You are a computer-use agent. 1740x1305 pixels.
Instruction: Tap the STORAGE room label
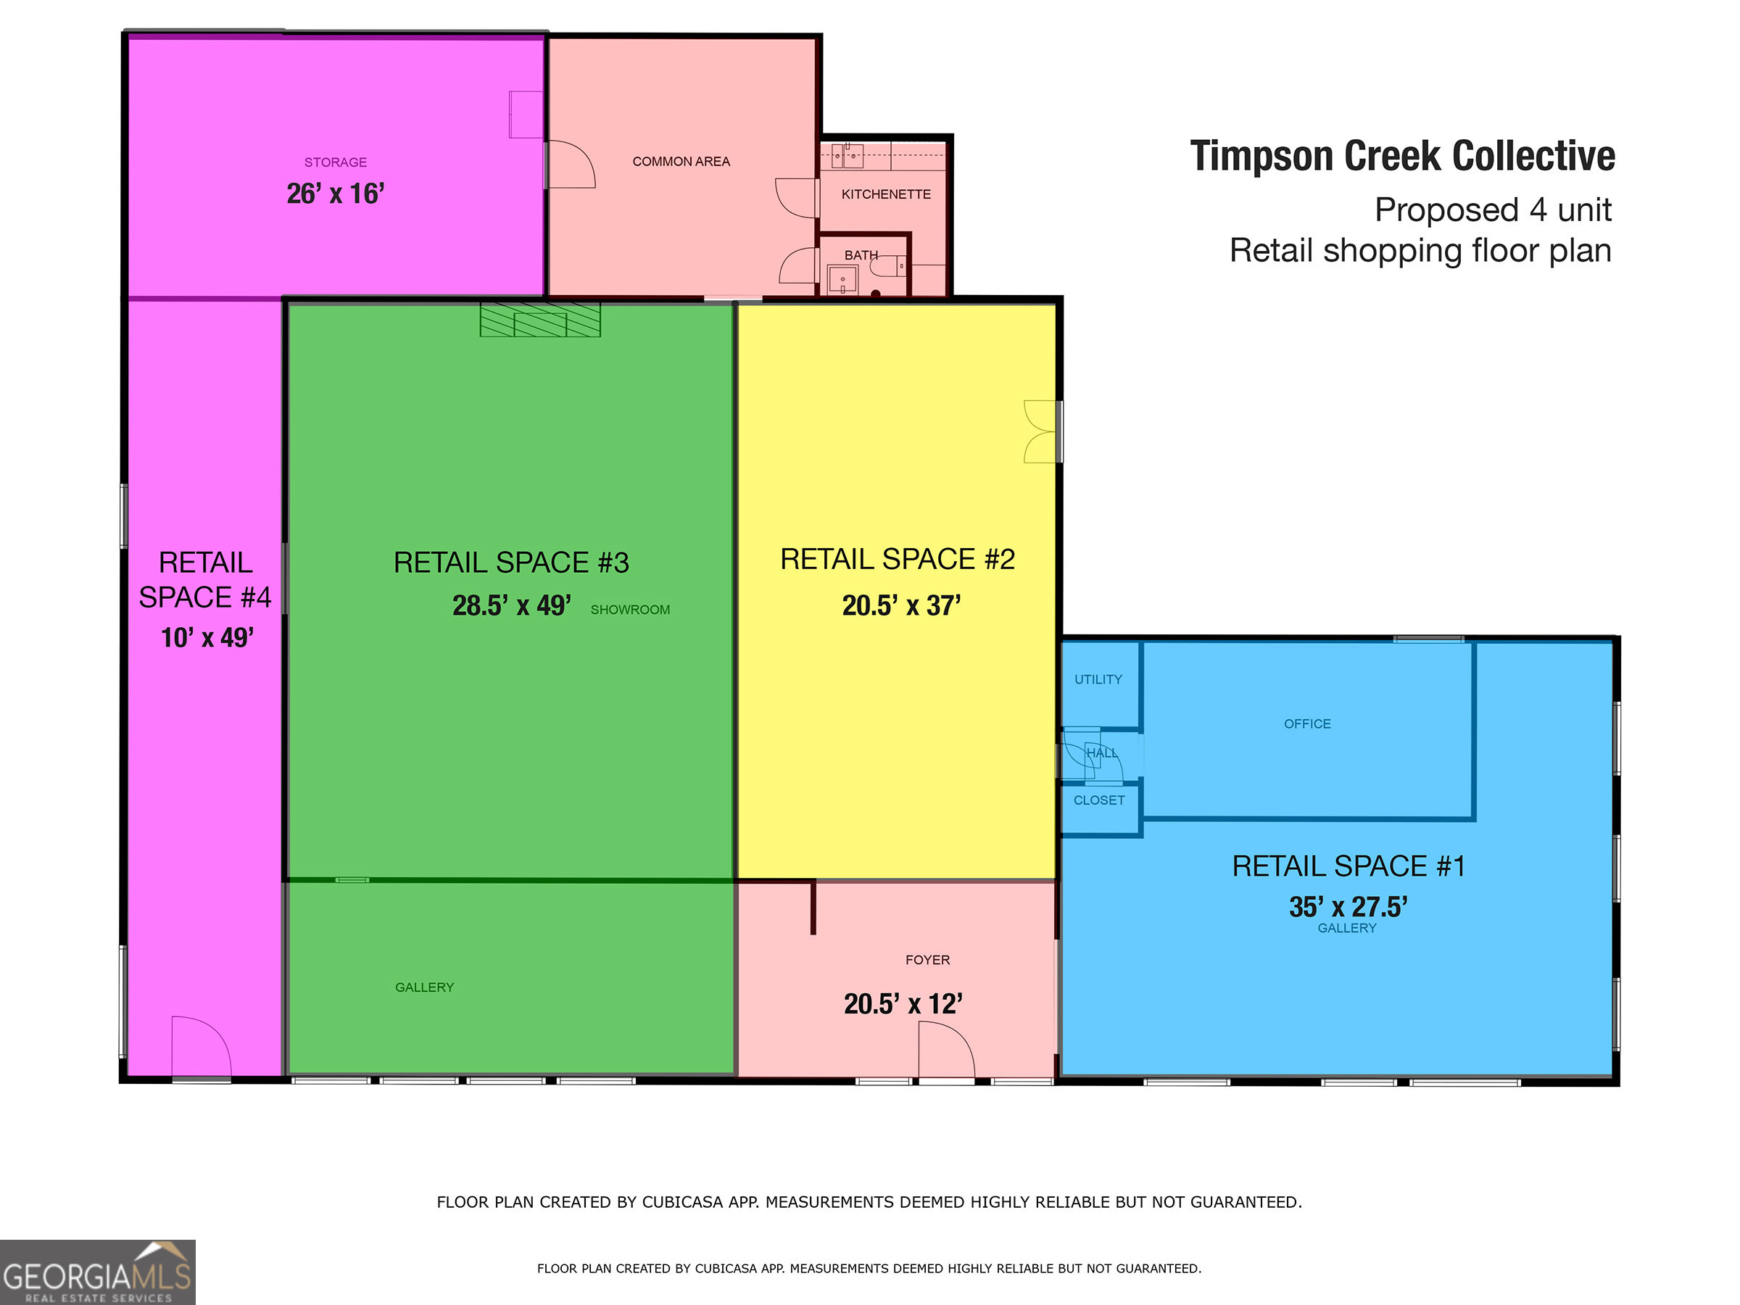[x=336, y=162]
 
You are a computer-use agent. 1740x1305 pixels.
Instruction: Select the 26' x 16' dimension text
[x=336, y=194]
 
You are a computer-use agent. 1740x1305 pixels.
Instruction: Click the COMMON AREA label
[x=681, y=161]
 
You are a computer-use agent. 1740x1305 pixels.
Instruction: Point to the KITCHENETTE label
[x=886, y=194]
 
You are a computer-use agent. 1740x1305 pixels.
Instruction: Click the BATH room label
[x=861, y=256]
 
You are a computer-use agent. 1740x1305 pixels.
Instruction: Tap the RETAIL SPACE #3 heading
[x=511, y=563]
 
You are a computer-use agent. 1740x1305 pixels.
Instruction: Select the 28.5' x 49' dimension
[x=511, y=605]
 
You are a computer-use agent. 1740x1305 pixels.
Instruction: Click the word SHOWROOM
[x=630, y=610]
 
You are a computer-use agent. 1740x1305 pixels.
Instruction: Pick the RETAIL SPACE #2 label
[x=898, y=559]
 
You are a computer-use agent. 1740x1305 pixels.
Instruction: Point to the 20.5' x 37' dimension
[x=901, y=605]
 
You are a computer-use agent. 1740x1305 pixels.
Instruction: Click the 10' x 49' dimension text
[x=207, y=637]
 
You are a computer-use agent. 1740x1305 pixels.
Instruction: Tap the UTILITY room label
[x=1098, y=679]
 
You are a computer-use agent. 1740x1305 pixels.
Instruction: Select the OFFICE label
[x=1307, y=724]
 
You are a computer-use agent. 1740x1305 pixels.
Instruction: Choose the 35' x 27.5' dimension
[x=1348, y=907]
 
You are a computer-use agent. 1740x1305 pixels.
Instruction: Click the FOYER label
[x=927, y=960]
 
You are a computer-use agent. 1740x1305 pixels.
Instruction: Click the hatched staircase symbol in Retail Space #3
[x=540, y=320]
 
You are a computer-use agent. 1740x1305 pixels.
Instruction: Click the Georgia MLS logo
[x=98, y=1272]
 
